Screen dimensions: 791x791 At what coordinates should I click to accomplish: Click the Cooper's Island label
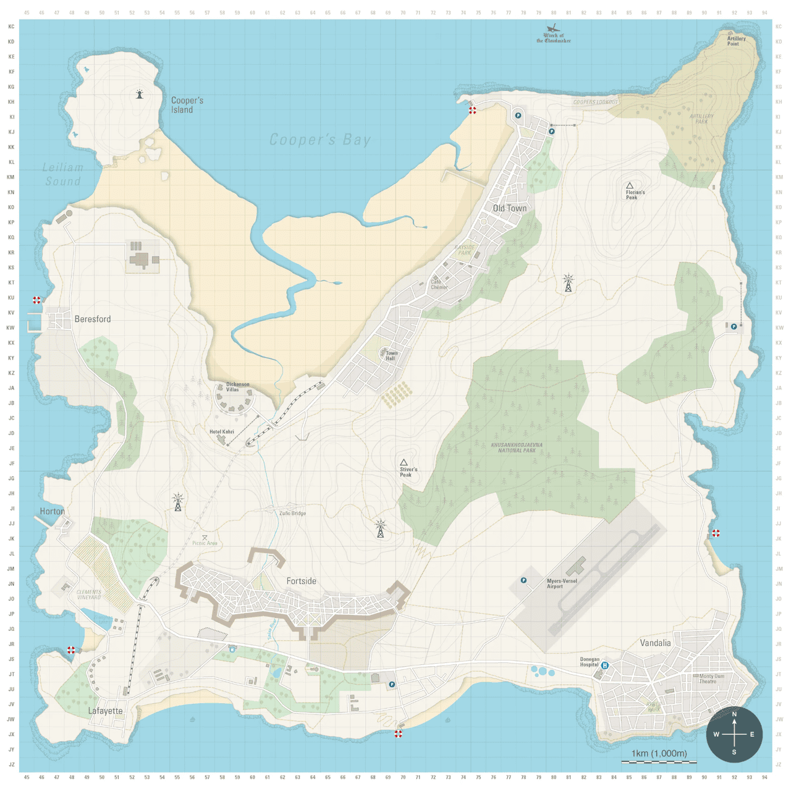(187, 105)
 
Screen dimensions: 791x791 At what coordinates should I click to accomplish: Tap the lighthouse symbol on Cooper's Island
(140, 94)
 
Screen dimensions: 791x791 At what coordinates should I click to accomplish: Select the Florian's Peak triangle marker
(630, 185)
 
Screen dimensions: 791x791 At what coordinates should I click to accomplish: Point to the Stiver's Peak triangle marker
(404, 462)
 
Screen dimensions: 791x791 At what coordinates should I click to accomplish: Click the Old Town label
(510, 208)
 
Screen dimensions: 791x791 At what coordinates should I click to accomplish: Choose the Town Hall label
(391, 356)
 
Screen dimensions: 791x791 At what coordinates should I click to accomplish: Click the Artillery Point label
(736, 41)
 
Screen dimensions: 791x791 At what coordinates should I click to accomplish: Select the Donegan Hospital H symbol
(605, 666)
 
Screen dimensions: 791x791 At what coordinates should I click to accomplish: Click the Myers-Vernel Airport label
(562, 583)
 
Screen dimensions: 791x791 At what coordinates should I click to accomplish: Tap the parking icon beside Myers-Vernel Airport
(523, 580)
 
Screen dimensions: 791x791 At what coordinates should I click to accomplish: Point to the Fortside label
(301, 581)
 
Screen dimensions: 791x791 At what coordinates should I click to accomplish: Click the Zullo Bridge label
(292, 513)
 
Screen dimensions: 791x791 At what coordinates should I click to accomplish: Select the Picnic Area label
(205, 543)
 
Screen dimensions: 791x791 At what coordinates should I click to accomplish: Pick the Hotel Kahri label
(221, 432)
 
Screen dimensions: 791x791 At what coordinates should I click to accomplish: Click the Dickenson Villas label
(237, 387)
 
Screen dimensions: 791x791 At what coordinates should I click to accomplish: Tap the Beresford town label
(93, 319)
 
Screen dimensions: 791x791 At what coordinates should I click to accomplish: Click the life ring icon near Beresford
(36, 300)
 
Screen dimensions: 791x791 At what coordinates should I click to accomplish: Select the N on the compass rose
(734, 714)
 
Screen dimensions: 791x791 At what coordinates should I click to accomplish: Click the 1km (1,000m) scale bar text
(659, 753)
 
